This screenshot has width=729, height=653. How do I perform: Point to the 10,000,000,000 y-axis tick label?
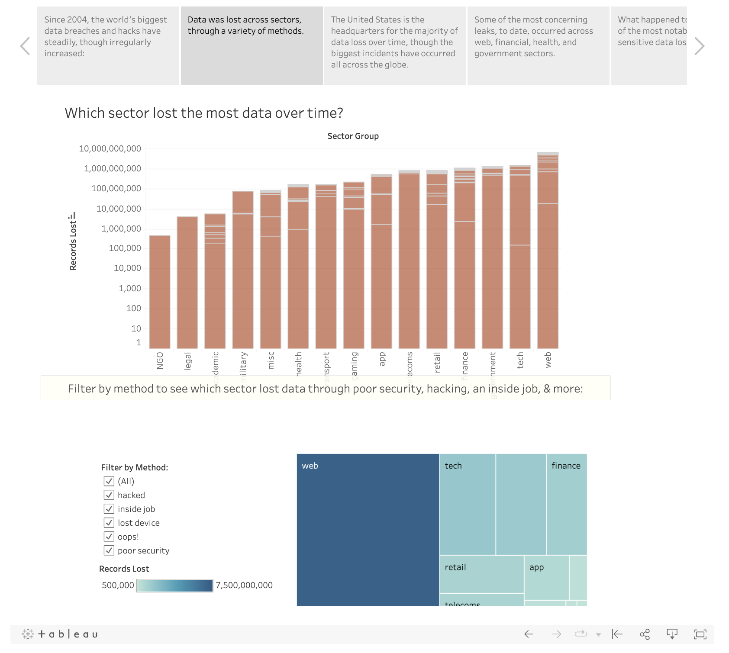pyautogui.click(x=110, y=149)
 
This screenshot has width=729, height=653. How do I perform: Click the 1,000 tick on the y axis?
pyautogui.click(x=130, y=289)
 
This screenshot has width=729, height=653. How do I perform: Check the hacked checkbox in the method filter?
pyautogui.click(x=109, y=495)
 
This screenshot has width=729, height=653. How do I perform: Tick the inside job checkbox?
pyautogui.click(x=109, y=509)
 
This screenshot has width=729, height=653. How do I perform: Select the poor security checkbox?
pyautogui.click(x=109, y=550)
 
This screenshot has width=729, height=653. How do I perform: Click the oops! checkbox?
pyautogui.click(x=109, y=537)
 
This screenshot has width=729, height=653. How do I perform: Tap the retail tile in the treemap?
pyautogui.click(x=481, y=574)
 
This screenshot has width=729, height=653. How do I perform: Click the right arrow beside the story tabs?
pyautogui.click(x=699, y=46)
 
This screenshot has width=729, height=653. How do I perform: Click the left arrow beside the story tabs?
pyautogui.click(x=25, y=46)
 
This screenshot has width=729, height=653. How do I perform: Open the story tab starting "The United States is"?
pyautogui.click(x=395, y=45)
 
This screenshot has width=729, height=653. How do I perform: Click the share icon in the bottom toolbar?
pyautogui.click(x=645, y=634)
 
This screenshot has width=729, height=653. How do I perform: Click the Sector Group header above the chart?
pyautogui.click(x=353, y=136)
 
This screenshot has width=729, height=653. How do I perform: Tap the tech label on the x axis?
pyautogui.click(x=520, y=360)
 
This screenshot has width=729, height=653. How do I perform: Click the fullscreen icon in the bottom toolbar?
pyautogui.click(x=700, y=634)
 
